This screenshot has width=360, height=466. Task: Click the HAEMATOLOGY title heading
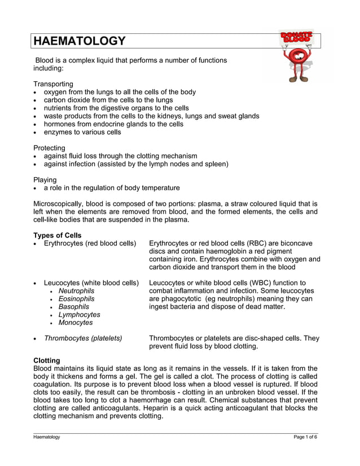(79, 41)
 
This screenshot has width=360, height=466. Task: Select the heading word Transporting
(53, 83)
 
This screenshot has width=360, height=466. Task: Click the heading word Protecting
(50, 148)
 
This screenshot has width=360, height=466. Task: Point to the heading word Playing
(45, 180)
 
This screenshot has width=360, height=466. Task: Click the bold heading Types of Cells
(58, 235)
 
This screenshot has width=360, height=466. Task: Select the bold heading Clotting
(47, 360)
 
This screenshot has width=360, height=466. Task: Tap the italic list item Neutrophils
(77, 291)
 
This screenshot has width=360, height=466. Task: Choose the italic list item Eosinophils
(77, 299)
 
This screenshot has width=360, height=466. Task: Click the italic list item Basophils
(74, 307)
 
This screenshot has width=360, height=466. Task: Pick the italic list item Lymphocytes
(80, 315)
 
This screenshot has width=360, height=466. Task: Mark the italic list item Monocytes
(76, 323)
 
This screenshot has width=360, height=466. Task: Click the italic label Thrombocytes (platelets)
(83, 338)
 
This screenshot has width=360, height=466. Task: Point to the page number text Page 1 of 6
(305, 437)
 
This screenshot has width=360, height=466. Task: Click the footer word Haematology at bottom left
(46, 437)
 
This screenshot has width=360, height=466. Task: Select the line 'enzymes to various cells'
(82, 132)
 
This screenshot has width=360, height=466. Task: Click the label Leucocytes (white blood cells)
(91, 283)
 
